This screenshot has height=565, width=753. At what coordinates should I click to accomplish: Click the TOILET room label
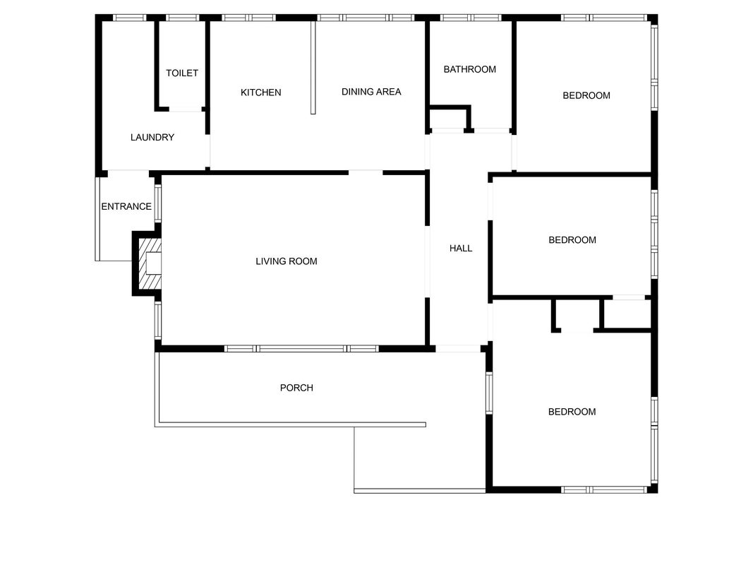tap(182, 73)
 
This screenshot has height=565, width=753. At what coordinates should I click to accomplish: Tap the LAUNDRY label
tap(152, 138)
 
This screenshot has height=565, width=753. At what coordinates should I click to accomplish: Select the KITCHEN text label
tap(261, 93)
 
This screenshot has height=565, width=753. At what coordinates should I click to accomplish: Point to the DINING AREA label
tap(371, 92)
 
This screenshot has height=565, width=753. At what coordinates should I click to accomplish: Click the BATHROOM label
tap(470, 69)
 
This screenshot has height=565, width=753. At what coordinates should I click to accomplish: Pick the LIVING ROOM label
tap(287, 261)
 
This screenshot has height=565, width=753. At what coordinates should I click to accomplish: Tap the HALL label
tap(461, 249)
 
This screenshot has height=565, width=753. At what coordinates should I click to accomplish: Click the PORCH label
tap(297, 388)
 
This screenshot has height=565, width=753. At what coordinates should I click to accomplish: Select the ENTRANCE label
tap(126, 207)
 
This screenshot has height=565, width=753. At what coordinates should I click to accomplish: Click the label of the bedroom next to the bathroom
tap(586, 95)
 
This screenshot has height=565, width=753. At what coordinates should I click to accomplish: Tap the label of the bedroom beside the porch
tap(572, 412)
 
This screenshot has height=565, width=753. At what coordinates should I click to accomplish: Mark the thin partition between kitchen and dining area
tap(313, 67)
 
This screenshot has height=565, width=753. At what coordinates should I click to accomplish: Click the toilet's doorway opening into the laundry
tap(186, 109)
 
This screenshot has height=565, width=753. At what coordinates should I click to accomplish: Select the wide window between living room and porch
tap(301, 349)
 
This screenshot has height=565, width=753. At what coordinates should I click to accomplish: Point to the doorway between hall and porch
tap(458, 349)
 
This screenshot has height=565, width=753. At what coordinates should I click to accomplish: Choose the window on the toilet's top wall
tap(183, 18)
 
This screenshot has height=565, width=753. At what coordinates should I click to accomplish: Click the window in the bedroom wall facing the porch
tap(489, 393)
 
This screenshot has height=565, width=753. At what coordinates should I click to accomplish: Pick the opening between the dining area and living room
tap(366, 172)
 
